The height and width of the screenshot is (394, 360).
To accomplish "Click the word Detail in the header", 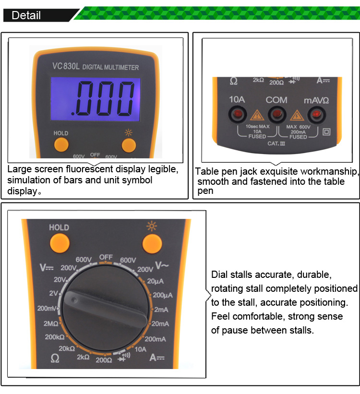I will click(26, 15).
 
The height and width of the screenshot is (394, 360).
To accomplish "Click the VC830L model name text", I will click(66, 67).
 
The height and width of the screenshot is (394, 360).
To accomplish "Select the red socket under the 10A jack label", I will click(237, 114).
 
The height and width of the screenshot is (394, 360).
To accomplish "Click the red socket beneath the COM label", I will click(276, 114).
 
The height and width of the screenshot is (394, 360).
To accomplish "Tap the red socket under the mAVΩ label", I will click(316, 114).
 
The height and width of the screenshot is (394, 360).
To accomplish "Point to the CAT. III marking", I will click(276, 143).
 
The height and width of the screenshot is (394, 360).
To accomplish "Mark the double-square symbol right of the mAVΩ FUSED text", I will click(327, 131).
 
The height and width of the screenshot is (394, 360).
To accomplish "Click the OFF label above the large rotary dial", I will click(106, 257).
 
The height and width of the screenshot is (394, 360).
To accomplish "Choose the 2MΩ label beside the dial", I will click(51, 324).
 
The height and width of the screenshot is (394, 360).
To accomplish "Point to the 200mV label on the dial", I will click(46, 308).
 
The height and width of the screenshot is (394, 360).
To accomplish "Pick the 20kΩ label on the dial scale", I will click(67, 348).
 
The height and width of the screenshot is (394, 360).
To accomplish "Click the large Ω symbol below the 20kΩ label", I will click(55, 358).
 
